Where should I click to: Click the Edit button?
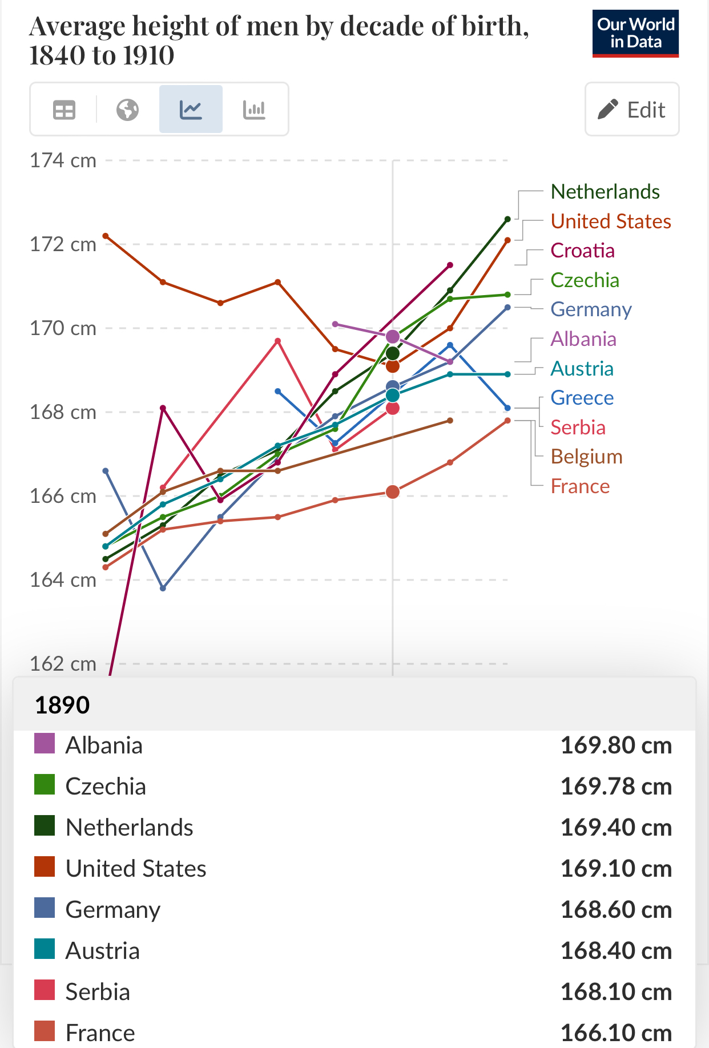[x=632, y=109]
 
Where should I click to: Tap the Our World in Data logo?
[x=635, y=33]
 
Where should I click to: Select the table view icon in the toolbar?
[x=64, y=110]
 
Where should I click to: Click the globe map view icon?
[x=127, y=110]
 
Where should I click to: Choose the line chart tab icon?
[x=191, y=110]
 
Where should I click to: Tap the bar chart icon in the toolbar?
[x=254, y=110]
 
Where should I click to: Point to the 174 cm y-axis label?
[x=63, y=161]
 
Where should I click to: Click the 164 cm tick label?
[x=63, y=580]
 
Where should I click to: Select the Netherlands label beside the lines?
[x=605, y=192]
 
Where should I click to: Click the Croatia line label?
[x=582, y=251]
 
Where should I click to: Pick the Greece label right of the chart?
[x=582, y=398]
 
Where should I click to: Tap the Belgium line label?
[x=586, y=457]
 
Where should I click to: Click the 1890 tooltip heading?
[x=62, y=706]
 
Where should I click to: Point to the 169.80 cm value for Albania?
[x=616, y=745]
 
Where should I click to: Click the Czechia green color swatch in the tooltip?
[x=45, y=785]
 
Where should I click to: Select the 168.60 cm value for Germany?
[x=616, y=910]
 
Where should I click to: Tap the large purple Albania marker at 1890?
[x=393, y=337]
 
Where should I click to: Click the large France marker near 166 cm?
[x=393, y=492]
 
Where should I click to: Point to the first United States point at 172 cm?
[x=106, y=236]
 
